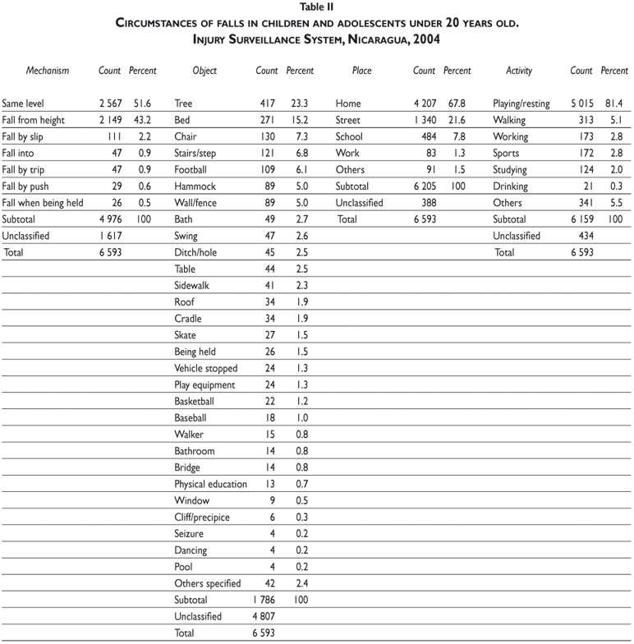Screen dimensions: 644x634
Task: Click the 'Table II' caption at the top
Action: click(x=317, y=7)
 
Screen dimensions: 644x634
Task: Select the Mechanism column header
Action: click(x=47, y=71)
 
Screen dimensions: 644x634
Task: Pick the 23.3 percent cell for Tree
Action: click(x=296, y=104)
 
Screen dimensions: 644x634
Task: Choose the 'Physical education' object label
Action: click(x=210, y=484)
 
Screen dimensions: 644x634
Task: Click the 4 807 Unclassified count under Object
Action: click(x=263, y=616)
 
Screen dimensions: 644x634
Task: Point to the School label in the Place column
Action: click(x=349, y=137)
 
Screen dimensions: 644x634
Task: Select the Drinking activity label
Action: click(x=511, y=186)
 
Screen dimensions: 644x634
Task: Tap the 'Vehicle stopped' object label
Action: click(x=206, y=368)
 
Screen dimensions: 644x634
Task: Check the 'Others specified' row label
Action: click(x=208, y=583)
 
